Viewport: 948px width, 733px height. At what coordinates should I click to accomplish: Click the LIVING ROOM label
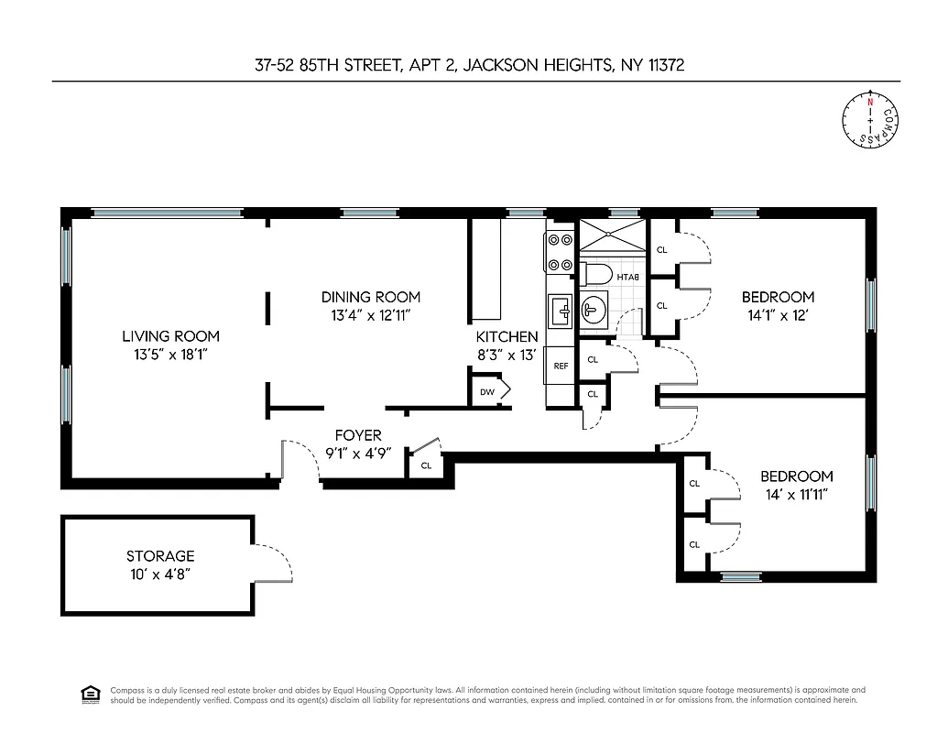tap(171, 336)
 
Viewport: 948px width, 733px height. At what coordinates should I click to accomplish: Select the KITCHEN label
tap(507, 337)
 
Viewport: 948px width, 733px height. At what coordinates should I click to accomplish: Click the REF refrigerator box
tap(561, 366)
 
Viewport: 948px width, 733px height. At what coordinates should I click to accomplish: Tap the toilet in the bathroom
tap(596, 274)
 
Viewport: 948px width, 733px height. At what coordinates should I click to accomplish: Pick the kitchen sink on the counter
tap(560, 312)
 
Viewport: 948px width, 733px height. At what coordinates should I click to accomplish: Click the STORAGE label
tap(160, 556)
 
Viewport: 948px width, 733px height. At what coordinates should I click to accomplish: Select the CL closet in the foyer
tap(426, 465)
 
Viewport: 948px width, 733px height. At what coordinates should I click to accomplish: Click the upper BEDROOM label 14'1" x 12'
tap(778, 297)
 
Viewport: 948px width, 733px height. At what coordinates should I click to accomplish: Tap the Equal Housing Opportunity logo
tap(91, 695)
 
